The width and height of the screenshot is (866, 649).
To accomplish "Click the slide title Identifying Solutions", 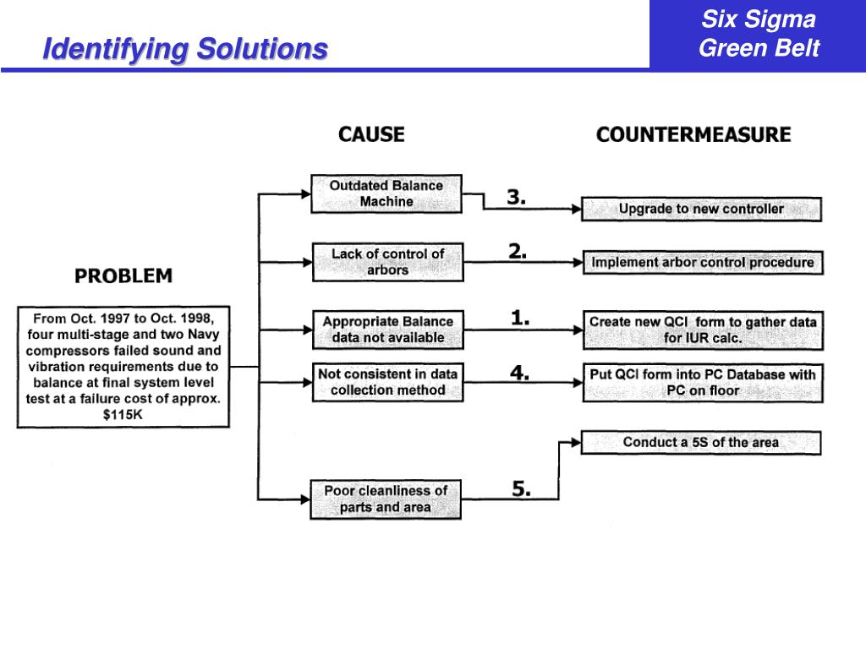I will [185, 49].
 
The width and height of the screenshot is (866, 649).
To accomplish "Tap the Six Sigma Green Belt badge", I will [759, 34].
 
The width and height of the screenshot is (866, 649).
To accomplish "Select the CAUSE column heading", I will [371, 134].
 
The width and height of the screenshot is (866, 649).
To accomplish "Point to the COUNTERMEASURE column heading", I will [693, 134].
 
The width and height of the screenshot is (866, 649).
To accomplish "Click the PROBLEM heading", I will [123, 275].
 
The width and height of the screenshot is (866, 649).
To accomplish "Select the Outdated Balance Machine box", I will [386, 194].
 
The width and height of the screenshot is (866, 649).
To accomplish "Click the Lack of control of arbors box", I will [387, 262].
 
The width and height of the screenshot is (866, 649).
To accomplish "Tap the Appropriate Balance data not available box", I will [387, 330].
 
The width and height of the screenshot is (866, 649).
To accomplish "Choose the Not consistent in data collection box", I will [387, 381].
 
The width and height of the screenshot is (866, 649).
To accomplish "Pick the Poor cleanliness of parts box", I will [386, 499].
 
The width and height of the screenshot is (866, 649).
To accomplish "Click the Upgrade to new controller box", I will [701, 209].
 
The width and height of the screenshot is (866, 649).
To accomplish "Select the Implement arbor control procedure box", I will [702, 262].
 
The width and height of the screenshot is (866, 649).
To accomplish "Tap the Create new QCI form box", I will [702, 330].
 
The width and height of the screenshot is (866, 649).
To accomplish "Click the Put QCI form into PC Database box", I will [702, 382].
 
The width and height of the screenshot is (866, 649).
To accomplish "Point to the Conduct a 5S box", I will [701, 442].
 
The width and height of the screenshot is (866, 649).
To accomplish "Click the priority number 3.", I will [516, 198].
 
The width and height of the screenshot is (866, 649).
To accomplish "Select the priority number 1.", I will [519, 319].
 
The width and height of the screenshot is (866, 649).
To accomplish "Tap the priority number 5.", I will [521, 488].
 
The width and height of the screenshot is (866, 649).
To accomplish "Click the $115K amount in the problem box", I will [123, 414].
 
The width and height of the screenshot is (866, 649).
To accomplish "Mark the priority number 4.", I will [519, 372].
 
